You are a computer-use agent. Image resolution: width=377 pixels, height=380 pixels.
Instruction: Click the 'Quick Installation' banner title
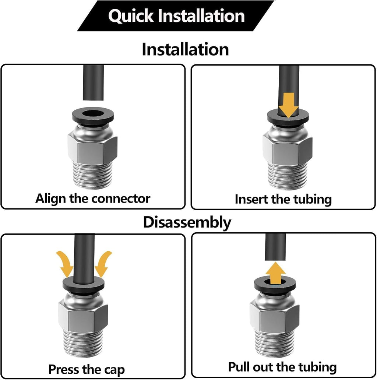click(x=176, y=16)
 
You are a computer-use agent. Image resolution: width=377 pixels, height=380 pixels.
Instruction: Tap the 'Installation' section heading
click(x=185, y=49)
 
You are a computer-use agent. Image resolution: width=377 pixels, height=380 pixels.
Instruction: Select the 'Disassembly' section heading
click(x=187, y=222)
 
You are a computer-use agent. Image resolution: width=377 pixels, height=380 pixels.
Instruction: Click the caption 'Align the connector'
click(x=93, y=198)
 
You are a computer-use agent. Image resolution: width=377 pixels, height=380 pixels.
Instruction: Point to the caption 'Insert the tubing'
click(x=283, y=199)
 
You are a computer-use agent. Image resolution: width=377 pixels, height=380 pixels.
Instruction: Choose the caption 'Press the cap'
click(x=87, y=369)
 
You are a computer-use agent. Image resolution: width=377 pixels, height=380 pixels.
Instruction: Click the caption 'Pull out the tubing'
click(x=282, y=367)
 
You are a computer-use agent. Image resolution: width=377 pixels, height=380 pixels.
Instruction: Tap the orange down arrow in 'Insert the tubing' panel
click(x=288, y=104)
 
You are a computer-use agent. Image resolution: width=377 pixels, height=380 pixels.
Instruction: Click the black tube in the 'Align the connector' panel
click(x=93, y=82)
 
